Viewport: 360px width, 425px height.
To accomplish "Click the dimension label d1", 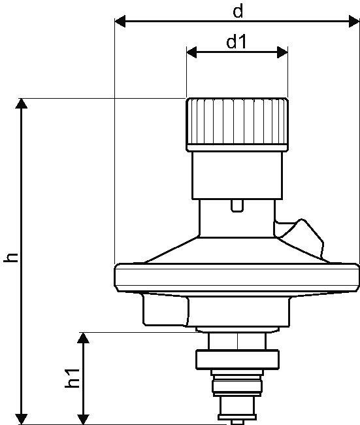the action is [x=237, y=42].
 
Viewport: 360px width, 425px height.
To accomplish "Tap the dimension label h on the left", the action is [x=11, y=258].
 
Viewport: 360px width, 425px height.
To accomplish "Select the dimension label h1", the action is [x=73, y=378].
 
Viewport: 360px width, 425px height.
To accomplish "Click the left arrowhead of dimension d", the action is [x=120, y=21].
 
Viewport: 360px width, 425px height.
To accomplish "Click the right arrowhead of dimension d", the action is [x=354, y=21].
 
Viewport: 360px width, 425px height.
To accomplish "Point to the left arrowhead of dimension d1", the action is [x=192, y=52].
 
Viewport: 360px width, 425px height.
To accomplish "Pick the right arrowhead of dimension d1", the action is [x=282, y=52].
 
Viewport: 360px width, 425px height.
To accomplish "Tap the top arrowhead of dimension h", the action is [x=21, y=103].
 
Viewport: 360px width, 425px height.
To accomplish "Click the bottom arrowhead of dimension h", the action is [x=21, y=419].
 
